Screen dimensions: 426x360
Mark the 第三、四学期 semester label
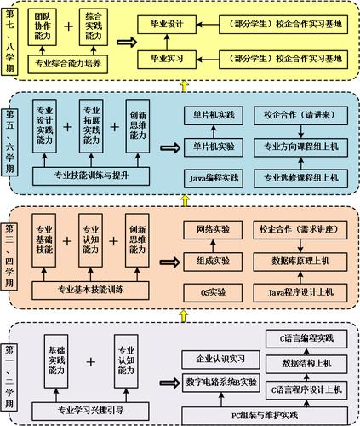[11, 255]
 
